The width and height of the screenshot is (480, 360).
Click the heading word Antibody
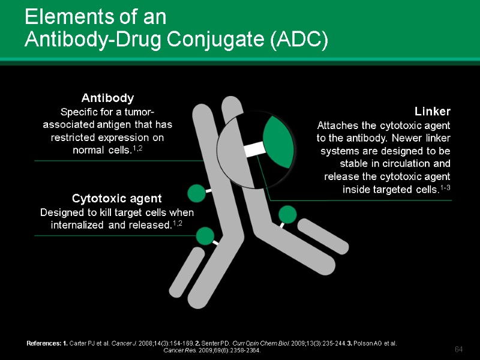point(107,97)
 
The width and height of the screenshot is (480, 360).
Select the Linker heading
point(432,112)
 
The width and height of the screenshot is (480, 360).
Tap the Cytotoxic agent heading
point(116,198)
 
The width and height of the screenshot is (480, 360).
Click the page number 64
point(460,349)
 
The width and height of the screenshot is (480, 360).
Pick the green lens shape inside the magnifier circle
point(278,142)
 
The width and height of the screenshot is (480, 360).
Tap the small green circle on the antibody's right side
point(287,214)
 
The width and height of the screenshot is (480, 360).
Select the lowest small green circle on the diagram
point(205,236)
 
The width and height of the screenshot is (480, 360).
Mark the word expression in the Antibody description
point(121,137)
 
